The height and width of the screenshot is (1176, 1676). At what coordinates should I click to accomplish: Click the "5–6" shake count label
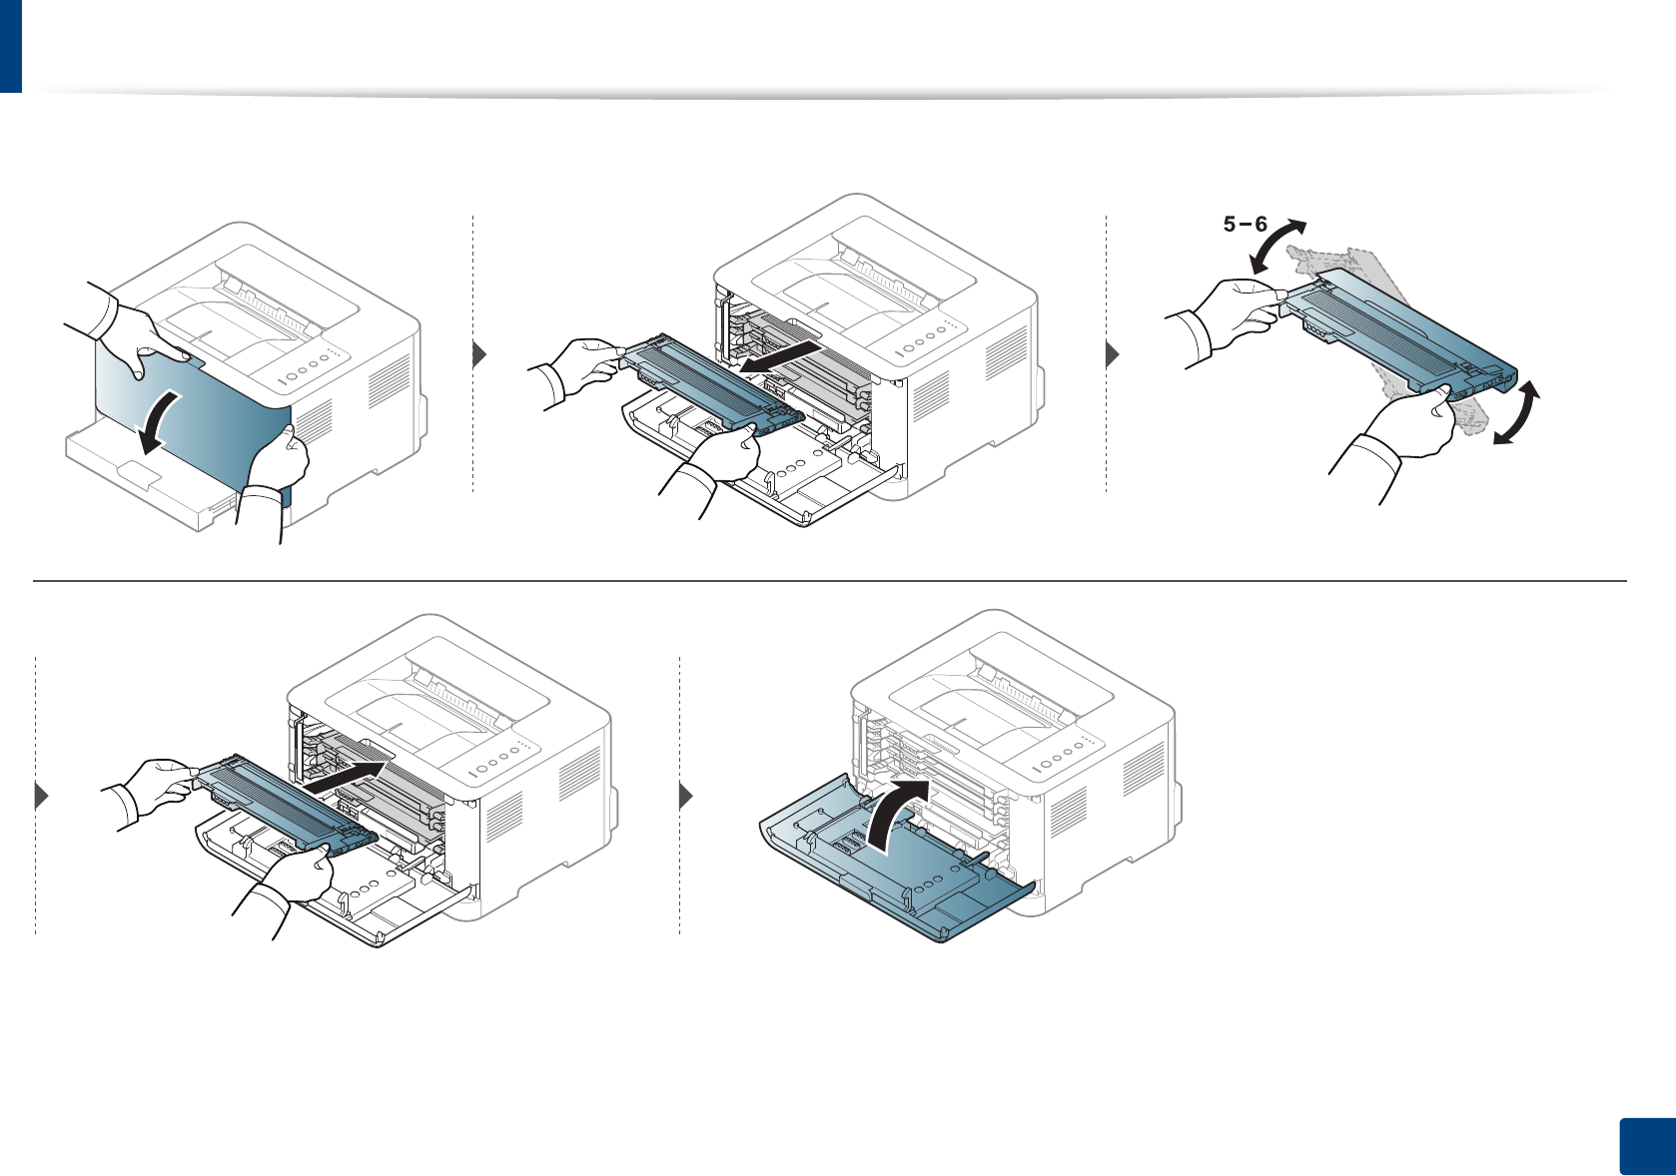point(1245,225)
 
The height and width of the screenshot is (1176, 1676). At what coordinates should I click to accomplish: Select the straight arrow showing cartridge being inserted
point(345,778)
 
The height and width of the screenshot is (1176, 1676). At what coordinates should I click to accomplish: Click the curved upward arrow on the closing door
point(900,814)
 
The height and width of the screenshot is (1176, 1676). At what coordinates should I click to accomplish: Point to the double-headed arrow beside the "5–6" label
point(1278,246)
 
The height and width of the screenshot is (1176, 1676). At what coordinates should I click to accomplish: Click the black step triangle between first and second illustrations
point(479,354)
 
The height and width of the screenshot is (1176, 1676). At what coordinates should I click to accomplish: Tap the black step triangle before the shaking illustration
point(1114,354)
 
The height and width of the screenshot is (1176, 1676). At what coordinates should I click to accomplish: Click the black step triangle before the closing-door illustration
point(686,797)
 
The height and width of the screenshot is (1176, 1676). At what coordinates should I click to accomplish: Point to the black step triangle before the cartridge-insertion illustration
point(42,797)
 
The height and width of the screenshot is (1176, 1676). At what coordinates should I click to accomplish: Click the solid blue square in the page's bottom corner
point(1645,1147)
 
